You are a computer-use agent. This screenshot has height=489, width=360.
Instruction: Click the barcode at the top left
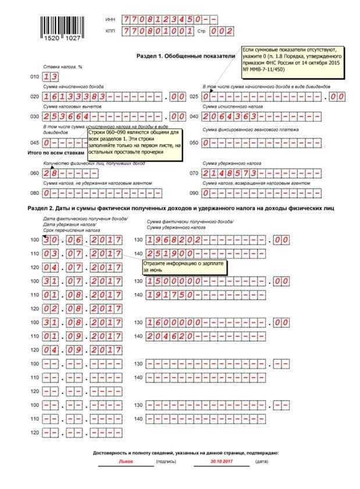pyautogui.click(x=60, y=27)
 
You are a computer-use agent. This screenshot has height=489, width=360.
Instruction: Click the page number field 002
pyautogui.click(x=222, y=31)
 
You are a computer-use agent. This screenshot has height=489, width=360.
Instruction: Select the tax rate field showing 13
pyautogui.click(x=51, y=76)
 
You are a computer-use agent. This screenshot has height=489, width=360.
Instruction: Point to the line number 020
pyautogui.click(x=33, y=97)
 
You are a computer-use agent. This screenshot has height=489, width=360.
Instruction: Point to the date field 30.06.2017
pyautogui.click(x=83, y=240)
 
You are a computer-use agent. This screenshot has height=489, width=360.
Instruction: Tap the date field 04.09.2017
pyautogui.click(x=83, y=349)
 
